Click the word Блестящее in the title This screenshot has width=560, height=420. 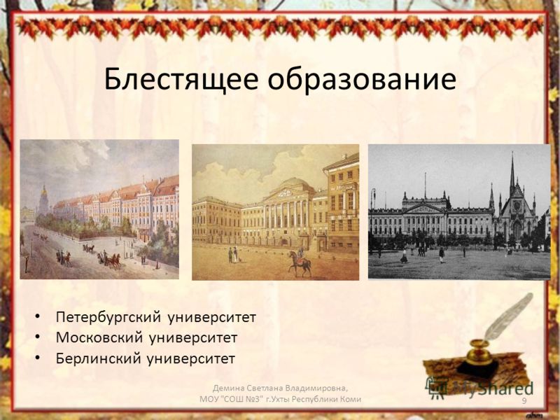pos(181,80)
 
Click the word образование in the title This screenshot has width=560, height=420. pos(362,79)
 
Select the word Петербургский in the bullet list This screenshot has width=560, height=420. pos(108,317)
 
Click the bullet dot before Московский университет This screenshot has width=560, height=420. pos(37,337)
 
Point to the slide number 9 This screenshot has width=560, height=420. pos(524,401)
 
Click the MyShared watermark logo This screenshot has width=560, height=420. pos(479,388)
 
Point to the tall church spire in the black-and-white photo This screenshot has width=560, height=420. pos(512,175)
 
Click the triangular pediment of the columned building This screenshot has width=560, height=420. pos(288,194)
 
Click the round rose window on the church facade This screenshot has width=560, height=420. pos(517,206)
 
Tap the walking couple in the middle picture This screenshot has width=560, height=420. pos(233,255)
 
